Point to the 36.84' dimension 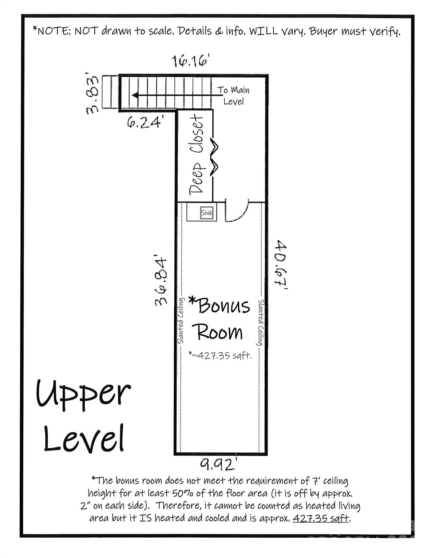click(161, 281)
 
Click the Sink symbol click(207, 213)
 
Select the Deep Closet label click(197, 154)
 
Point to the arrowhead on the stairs click(135, 96)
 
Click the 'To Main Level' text click(233, 96)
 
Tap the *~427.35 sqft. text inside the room click(220, 355)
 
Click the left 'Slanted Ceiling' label click(181, 320)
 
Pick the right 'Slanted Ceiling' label click(261, 323)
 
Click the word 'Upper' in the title click(83, 393)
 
